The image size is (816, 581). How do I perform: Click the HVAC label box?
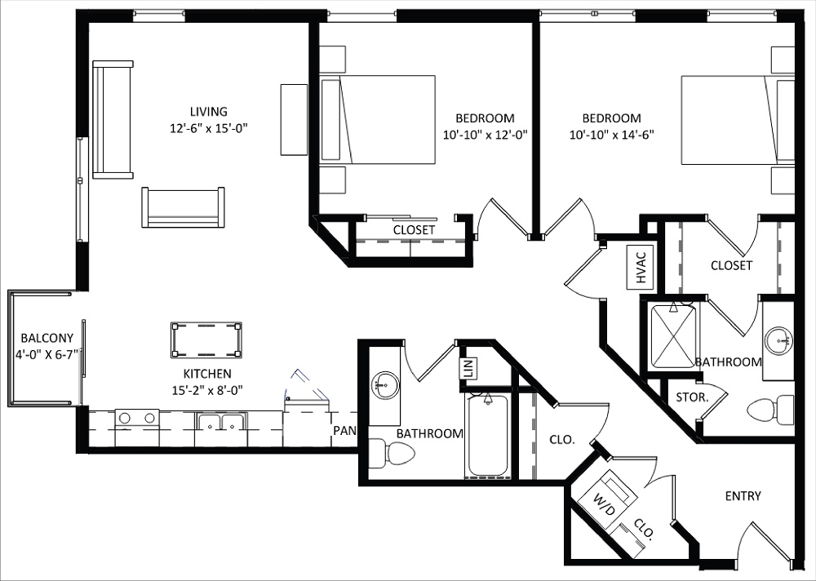point(641,266)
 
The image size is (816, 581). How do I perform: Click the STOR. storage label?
point(691,397)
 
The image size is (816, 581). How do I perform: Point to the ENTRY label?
point(743,495)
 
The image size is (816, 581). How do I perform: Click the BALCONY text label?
point(47,338)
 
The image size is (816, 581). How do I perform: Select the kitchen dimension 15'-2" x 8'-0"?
point(207,389)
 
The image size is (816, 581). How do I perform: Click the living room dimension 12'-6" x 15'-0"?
point(208,127)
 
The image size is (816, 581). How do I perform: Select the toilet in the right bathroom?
point(769,409)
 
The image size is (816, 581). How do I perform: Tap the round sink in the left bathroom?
point(384,383)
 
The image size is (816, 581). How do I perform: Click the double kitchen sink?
point(221,422)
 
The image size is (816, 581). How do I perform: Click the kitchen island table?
point(206,339)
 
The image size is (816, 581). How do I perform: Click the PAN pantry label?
point(342,430)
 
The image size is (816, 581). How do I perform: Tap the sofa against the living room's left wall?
point(113,119)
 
